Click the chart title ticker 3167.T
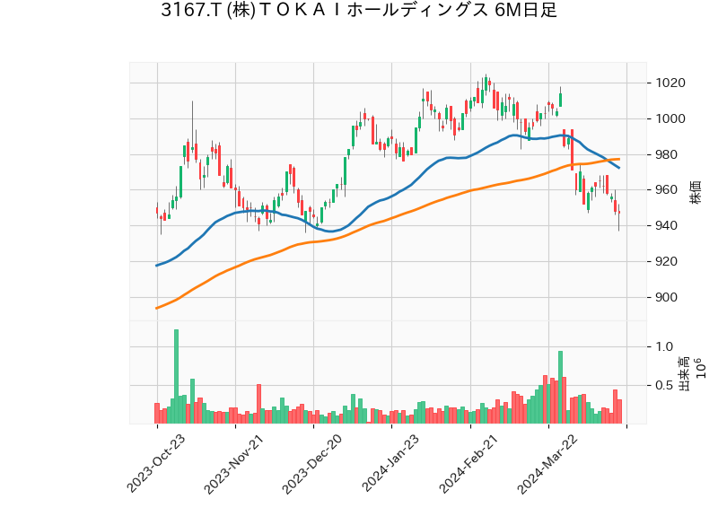(191, 11)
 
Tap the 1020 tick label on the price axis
(670, 83)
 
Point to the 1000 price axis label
(670, 119)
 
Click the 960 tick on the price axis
(667, 190)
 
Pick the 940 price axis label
(667, 226)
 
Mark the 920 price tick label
(667, 262)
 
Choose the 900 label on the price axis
(667, 298)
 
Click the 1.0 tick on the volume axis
(663, 346)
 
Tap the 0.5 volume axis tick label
(663, 386)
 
